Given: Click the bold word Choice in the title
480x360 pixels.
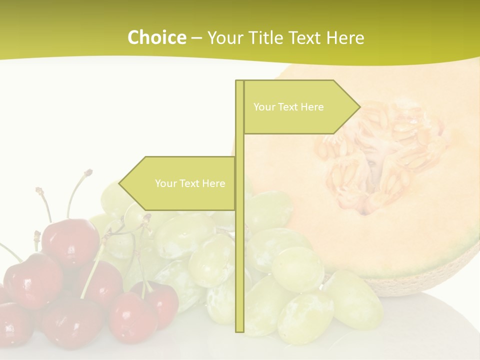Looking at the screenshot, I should point(156,37).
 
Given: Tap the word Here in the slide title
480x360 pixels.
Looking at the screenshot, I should point(345,37).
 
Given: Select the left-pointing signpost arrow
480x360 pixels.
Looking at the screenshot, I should point(177,183).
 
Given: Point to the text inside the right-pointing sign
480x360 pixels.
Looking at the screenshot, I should point(288,107).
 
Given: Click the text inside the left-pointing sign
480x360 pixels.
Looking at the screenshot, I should point(190,183).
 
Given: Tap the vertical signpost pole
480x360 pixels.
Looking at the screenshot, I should point(239,250).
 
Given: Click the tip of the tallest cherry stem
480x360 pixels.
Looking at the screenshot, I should point(89,172).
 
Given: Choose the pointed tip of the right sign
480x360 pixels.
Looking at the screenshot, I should point(359,107).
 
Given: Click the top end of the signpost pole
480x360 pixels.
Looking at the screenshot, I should point(239,82).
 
